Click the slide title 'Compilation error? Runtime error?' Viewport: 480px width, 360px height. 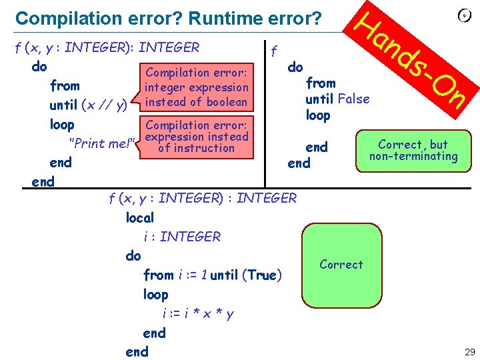click(168, 18)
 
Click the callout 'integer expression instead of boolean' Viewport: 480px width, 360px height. click(196, 87)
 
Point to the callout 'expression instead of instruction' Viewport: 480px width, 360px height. click(196, 136)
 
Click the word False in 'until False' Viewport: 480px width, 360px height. click(353, 99)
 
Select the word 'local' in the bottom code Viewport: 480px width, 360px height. click(139, 217)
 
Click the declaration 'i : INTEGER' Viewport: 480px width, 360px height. click(181, 237)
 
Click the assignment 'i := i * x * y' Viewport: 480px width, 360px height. click(197, 313)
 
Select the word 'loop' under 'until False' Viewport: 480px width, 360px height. click(318, 115)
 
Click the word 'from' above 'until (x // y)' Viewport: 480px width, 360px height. click(65, 86)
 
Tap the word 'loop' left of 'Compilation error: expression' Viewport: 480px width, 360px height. click(62, 125)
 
